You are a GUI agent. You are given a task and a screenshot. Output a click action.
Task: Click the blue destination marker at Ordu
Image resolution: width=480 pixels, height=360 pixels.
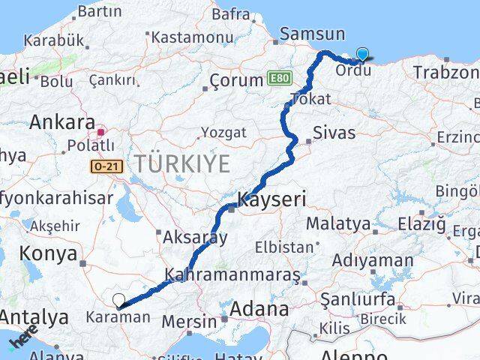(x=363, y=54)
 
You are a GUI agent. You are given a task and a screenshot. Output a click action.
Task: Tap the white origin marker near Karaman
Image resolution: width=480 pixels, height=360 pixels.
(x=118, y=301)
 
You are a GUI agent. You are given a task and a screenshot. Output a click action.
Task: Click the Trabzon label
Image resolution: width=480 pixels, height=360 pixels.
(x=445, y=73)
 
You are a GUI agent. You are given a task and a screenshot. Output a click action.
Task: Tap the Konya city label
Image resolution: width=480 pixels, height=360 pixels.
(x=48, y=253)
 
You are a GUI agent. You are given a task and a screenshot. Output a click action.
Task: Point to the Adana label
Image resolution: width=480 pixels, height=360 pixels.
(x=260, y=308)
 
